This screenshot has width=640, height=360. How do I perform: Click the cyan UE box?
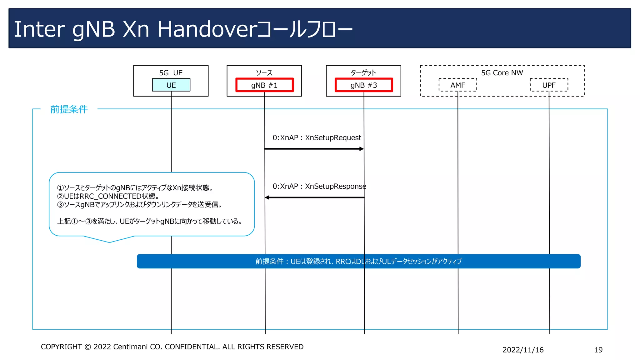(x=171, y=85)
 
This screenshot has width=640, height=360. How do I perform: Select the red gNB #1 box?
(x=264, y=85)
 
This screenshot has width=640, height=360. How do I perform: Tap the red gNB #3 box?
(x=363, y=85)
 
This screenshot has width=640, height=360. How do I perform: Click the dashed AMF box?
(x=457, y=85)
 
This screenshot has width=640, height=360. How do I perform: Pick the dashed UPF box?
(x=549, y=85)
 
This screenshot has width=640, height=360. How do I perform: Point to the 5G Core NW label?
(x=502, y=73)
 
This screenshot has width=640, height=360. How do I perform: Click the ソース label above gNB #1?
(x=264, y=73)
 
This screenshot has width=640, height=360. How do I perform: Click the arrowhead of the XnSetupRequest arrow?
(x=362, y=149)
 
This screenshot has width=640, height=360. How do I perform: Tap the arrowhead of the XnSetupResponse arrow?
(x=267, y=197)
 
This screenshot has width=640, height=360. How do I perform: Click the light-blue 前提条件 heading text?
(x=69, y=109)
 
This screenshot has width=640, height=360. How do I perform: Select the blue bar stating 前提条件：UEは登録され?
(x=358, y=261)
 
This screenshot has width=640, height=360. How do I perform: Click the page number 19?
(x=598, y=350)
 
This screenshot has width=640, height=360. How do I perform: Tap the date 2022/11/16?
(x=523, y=350)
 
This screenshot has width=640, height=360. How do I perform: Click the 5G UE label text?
(x=171, y=73)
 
